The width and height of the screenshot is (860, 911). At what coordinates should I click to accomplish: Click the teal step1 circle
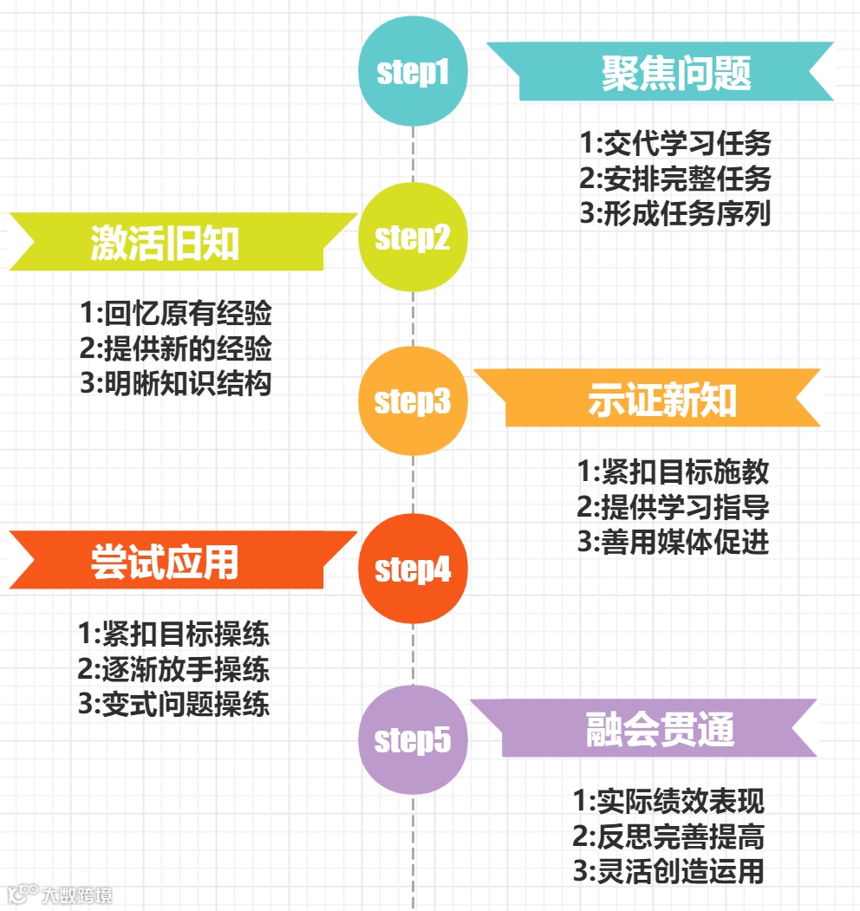413,72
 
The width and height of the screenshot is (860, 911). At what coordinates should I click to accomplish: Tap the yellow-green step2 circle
413,237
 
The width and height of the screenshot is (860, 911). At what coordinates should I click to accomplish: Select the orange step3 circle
413,401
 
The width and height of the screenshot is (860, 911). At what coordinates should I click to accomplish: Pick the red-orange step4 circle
413,569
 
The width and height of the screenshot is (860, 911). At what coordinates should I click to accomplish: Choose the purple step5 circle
413,739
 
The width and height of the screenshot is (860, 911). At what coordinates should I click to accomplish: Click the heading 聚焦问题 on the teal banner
676,74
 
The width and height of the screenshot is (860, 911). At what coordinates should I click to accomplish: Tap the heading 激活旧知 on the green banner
165,244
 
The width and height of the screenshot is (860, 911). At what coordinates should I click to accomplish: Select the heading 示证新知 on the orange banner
661,401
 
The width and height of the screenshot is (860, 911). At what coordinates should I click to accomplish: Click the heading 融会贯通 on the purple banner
660,730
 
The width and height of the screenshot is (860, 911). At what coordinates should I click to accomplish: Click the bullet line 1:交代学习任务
675,143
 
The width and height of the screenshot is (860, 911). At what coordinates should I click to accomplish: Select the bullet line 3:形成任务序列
675,213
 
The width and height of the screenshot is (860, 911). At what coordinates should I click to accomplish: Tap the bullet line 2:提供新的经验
176,348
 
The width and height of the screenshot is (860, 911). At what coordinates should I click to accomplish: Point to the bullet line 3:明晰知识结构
176,382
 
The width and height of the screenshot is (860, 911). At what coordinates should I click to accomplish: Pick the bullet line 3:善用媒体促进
673,542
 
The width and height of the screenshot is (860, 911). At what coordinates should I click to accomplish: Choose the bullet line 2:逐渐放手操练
174,668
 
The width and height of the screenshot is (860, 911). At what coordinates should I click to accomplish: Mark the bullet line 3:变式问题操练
174,703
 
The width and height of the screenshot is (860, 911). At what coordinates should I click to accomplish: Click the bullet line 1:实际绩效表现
668,801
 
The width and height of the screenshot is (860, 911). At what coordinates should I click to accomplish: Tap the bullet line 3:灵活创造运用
668,870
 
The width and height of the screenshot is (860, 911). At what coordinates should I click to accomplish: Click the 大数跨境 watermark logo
59,894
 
